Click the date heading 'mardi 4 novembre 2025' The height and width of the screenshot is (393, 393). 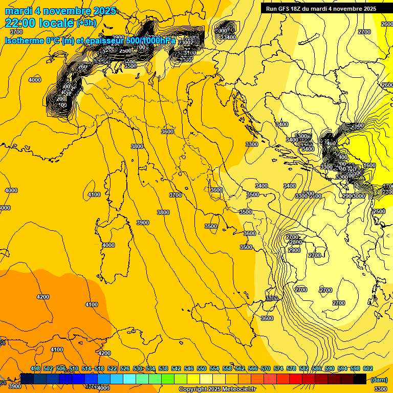click(x=60, y=11)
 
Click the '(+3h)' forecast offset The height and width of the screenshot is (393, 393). click(x=85, y=23)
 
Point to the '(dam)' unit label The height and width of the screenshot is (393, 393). click(x=378, y=380)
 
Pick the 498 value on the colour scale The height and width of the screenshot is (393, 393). click(x=35, y=368)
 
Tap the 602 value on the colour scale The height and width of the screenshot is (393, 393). click(x=367, y=368)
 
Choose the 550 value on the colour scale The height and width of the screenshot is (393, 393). click(x=201, y=368)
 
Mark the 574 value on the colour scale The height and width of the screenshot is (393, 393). click(x=278, y=368)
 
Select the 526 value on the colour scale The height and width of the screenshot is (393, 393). click(x=125, y=368)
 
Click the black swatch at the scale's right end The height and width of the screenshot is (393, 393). click(x=359, y=379)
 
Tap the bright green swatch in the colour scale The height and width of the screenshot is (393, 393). click(x=167, y=379)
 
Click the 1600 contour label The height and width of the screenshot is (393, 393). click(x=369, y=165)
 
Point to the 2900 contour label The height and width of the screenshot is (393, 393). click(x=294, y=250)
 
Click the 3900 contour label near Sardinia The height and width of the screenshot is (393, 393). click(x=143, y=223)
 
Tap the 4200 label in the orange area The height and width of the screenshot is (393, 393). click(x=43, y=297)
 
